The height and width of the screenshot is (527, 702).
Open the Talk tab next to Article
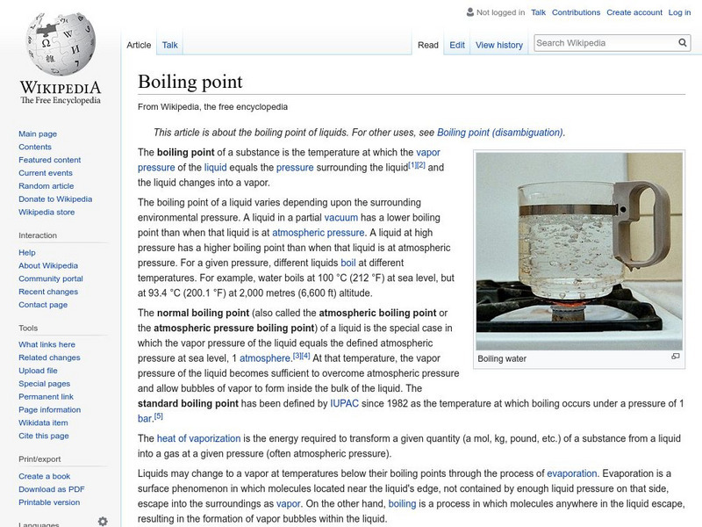click(170, 45)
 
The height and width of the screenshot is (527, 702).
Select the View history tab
click(499, 45)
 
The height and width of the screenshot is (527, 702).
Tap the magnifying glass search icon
click(684, 42)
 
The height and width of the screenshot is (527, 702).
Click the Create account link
click(634, 12)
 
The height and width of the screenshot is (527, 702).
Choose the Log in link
click(680, 12)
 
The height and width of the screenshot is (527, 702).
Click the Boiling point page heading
click(190, 82)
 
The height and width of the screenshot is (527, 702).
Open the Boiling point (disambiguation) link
click(500, 133)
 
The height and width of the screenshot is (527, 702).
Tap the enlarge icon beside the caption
click(676, 357)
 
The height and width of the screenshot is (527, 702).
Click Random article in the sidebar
click(47, 186)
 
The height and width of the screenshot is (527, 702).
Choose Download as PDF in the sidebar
click(52, 489)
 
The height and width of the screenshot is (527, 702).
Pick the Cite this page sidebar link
click(44, 436)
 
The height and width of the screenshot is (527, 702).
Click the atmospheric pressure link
click(319, 233)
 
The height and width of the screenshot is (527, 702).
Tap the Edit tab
click(457, 45)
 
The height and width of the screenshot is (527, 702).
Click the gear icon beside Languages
click(103, 521)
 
